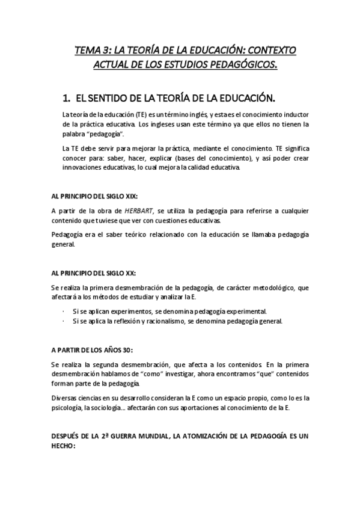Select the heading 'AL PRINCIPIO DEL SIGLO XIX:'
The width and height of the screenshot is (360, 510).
(103, 195)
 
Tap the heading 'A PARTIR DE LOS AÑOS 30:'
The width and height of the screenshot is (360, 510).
(96, 350)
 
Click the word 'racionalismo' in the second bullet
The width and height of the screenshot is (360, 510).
(177, 321)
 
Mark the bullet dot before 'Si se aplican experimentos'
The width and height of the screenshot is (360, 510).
(64, 312)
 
